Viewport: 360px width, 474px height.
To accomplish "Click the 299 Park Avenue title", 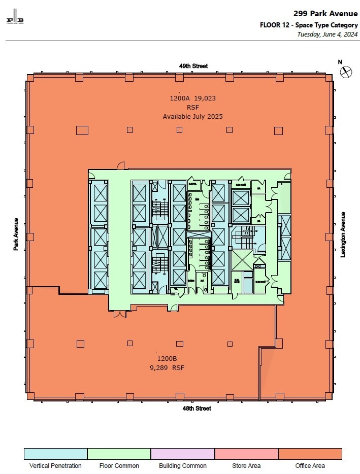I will click(325, 14).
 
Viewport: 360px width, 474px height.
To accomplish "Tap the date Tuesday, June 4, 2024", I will click(328, 35).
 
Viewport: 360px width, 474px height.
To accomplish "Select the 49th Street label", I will click(193, 66).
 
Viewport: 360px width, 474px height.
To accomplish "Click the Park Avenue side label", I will click(16, 234).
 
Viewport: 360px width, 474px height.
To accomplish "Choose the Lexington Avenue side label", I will click(343, 234).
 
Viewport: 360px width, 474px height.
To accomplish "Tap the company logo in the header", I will click(15, 16).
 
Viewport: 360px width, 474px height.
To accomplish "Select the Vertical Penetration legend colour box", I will click(55, 454).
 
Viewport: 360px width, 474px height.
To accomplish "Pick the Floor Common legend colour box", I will click(119, 454).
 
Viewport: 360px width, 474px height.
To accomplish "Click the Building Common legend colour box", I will click(183, 454).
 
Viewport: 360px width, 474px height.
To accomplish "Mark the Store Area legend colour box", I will click(246, 454).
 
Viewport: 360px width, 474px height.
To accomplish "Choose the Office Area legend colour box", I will click(310, 454).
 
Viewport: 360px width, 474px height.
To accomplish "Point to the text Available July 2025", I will click(192, 116).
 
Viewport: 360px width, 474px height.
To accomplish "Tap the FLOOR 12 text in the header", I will click(275, 25).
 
